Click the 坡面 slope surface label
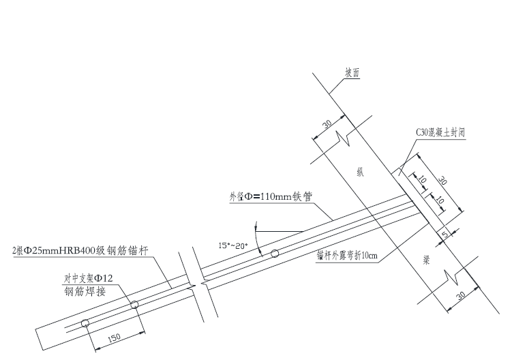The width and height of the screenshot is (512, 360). pyautogui.click(x=352, y=74)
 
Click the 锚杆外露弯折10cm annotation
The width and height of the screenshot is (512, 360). pyautogui.click(x=347, y=256)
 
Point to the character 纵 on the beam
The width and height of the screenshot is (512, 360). pyautogui.click(x=360, y=172)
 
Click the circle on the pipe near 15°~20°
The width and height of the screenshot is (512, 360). pyautogui.click(x=275, y=254)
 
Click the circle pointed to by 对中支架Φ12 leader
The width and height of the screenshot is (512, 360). pyautogui.click(x=134, y=304)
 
